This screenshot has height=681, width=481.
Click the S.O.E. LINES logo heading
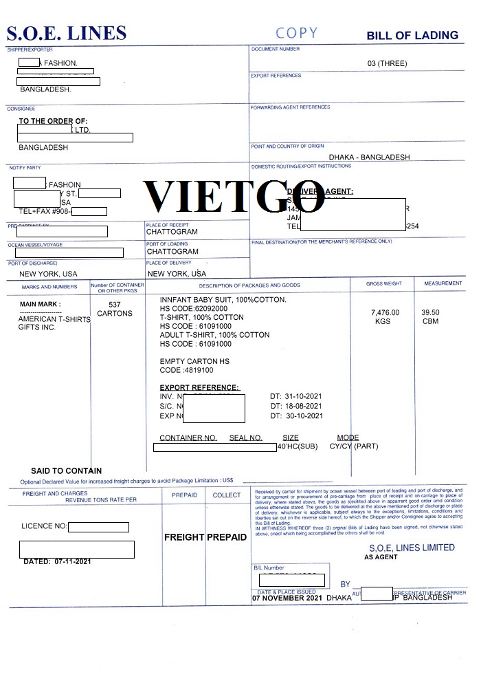tap(67, 33)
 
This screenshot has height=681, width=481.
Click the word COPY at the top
tap(297, 33)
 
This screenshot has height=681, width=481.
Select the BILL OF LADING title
tap(412, 35)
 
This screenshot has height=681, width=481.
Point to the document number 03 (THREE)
tap(387, 63)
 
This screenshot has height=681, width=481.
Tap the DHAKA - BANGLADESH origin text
tap(369, 157)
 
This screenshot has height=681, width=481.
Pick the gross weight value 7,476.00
tap(385, 313)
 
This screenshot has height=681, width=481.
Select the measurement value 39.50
tap(430, 312)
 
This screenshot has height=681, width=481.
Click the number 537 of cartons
tap(115, 304)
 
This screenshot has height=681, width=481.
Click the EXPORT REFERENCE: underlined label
tap(199, 388)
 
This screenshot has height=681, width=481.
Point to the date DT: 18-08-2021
tap(296, 407)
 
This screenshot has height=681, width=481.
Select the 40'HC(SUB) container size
tap(298, 446)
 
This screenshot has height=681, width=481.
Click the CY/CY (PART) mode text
tap(354, 446)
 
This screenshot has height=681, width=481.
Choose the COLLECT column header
tap(227, 495)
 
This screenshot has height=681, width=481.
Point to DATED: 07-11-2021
tap(57, 561)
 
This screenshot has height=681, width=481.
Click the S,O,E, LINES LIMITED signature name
tap(412, 548)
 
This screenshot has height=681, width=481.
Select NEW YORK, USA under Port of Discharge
tap(48, 274)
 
